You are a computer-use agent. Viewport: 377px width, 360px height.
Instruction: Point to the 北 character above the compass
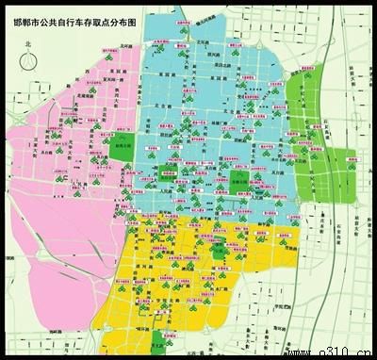click(x=28, y=43)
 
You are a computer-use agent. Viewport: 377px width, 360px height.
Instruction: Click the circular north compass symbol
click(x=28, y=59)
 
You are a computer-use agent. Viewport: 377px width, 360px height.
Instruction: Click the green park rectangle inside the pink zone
click(x=122, y=147)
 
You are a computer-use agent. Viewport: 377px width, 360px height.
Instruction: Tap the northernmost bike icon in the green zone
click(x=315, y=75)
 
